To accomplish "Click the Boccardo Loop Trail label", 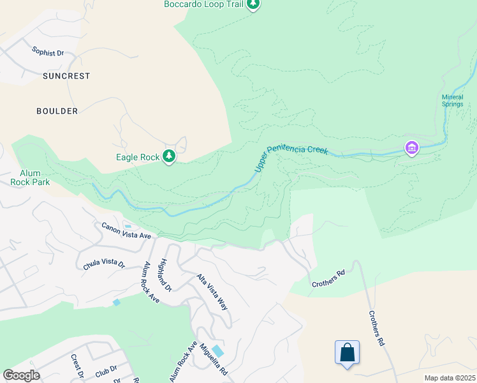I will click(204, 4).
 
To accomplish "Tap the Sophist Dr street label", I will click(48, 52).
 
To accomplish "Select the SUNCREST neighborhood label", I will click(66, 76).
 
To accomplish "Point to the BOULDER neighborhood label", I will click(57, 111).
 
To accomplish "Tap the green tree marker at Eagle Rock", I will click(169, 156).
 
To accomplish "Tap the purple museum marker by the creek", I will click(411, 149).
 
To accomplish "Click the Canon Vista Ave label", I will click(126, 231).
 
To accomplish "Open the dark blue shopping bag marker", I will click(347, 353).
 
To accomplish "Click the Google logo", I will click(21, 375).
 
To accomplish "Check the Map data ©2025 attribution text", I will click(449, 378).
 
